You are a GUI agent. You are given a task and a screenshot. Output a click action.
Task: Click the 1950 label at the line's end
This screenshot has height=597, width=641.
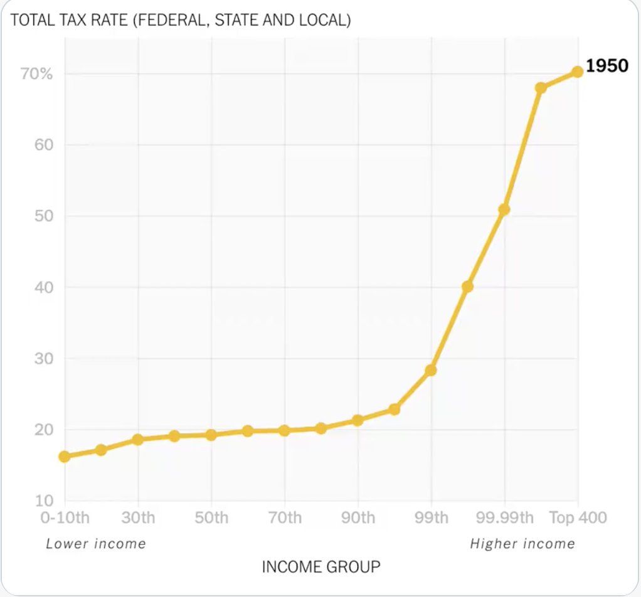coord(607,65)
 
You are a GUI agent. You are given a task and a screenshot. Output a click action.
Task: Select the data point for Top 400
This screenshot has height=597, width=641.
coord(577,72)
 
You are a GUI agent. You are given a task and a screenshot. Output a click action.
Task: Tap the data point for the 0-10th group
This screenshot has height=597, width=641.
coord(65,457)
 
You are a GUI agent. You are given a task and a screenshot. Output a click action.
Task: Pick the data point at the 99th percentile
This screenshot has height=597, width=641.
coord(431,371)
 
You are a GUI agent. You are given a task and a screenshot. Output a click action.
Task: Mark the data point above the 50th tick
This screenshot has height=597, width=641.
coord(211,435)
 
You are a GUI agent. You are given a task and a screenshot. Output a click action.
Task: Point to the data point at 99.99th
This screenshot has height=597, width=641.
coord(504,209)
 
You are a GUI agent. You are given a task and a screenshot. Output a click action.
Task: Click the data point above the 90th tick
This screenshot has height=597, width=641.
coord(358,420)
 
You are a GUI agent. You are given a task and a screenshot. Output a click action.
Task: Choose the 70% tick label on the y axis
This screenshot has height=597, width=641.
coord(37,74)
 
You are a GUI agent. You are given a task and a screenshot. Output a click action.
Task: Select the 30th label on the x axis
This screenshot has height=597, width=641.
coord(138,518)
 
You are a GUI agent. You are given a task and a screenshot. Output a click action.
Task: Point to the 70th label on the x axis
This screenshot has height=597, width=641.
coord(285,518)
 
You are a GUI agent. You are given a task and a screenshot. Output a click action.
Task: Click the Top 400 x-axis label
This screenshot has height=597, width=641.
coord(578,518)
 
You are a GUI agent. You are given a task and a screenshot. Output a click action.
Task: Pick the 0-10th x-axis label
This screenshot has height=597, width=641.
coord(65,518)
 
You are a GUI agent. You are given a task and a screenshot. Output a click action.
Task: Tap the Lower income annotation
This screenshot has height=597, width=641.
coord(96,544)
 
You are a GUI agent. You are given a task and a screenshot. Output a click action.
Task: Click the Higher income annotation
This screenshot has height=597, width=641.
coord(522,544)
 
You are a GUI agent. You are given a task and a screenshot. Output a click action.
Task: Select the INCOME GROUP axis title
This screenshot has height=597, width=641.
coord(320,568)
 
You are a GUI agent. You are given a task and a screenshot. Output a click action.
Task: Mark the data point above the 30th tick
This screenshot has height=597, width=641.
coord(138,440)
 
